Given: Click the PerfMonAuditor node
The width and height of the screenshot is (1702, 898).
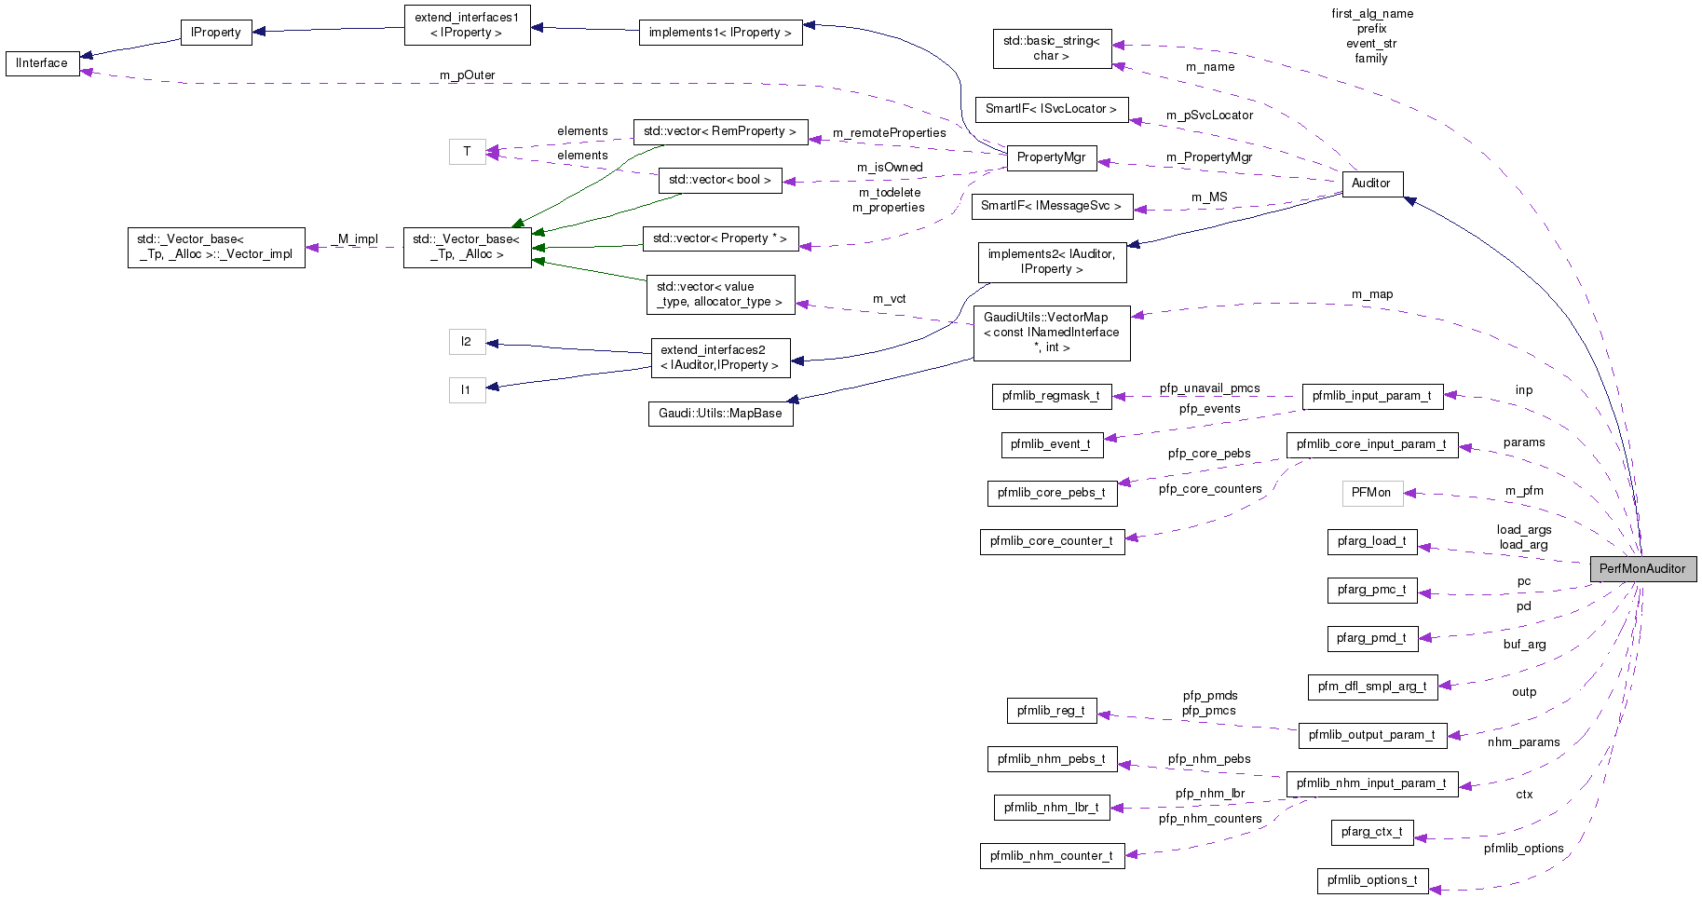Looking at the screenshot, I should pos(1642,568).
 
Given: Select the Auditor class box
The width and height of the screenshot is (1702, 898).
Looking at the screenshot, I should pos(1370,184).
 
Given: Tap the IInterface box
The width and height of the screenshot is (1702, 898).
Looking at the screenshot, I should pos(42,63).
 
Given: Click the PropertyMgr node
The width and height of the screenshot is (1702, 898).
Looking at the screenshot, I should pos(1051,157).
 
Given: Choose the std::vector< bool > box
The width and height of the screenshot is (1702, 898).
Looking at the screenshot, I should pos(719,180).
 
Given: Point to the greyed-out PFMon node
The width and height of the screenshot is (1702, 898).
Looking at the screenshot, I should pos(1371,493).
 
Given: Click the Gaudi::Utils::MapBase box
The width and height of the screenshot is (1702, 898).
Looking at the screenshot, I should pos(720,414).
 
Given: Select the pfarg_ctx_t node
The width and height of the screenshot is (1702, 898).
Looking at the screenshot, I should pos(1371,832).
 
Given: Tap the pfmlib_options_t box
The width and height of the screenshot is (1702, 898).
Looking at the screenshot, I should pos(1371,880).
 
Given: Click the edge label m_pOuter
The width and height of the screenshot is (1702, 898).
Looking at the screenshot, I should pos(468,75).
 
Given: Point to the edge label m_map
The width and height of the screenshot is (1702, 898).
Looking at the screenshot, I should pos(1372,294).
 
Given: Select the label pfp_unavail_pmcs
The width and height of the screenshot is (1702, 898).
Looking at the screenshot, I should pos(1209,388).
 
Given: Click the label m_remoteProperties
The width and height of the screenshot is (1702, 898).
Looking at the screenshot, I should pos(889,133).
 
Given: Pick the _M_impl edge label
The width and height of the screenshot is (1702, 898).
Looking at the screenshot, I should pos(358,239).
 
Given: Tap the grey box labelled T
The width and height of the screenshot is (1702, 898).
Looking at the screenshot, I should pos(467,152).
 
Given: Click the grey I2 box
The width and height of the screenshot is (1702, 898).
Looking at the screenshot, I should pos(467,342).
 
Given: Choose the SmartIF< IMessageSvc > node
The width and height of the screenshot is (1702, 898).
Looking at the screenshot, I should pos(1051,206).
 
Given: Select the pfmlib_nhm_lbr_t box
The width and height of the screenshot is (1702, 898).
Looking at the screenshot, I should pos(1051,808).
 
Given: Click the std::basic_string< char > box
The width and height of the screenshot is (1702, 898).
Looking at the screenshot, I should pos(1051,48).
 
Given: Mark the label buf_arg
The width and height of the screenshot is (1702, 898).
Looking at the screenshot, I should pos(1524,645).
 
